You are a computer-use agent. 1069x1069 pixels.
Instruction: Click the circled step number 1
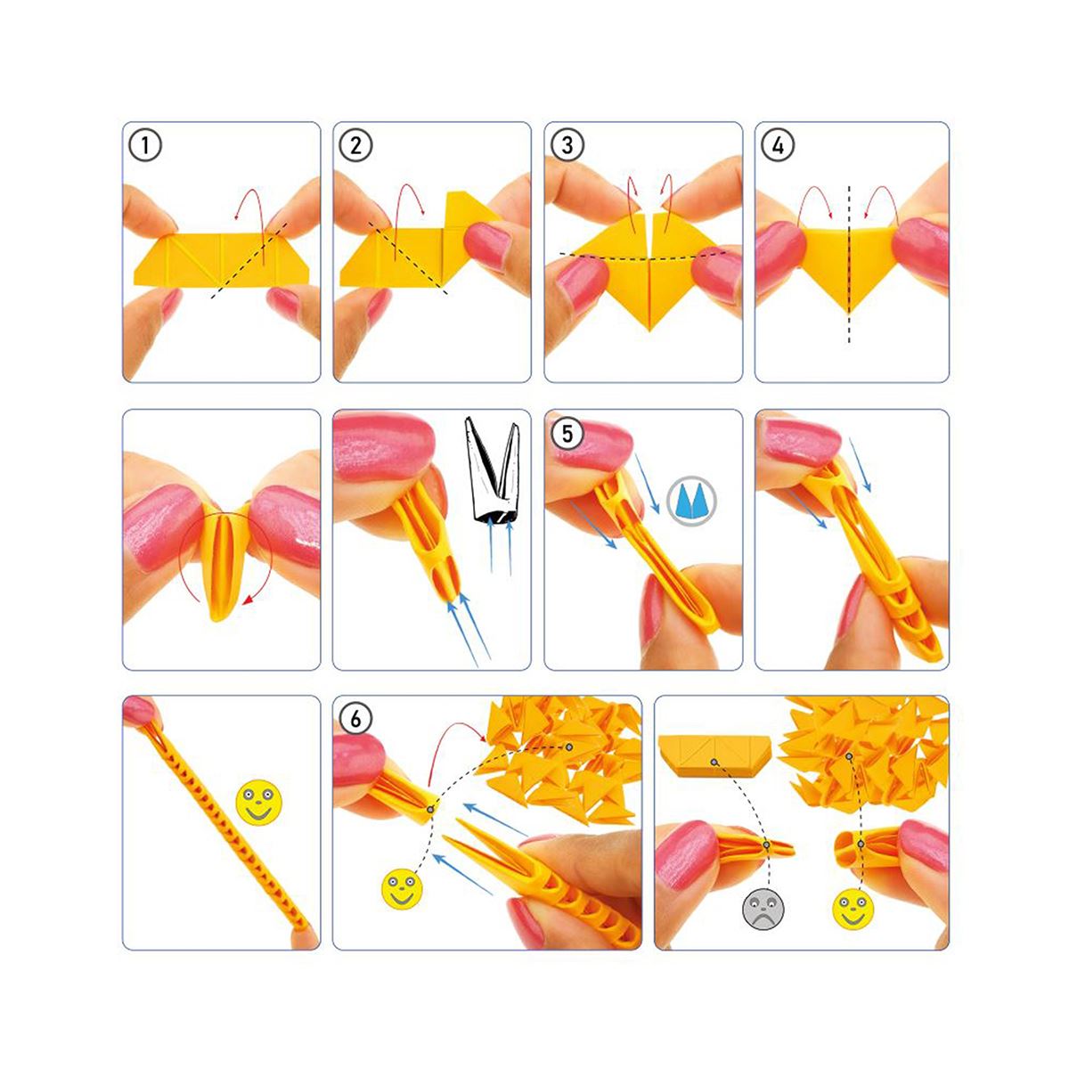click(x=145, y=144)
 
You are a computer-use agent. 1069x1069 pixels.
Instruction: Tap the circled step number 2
click(x=355, y=144)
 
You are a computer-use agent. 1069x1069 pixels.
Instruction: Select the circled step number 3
click(x=567, y=144)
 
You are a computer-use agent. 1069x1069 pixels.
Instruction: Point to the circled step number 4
click(x=778, y=144)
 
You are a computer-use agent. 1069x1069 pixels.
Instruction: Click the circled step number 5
click(x=567, y=432)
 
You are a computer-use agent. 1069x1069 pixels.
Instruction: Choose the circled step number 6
click(x=355, y=719)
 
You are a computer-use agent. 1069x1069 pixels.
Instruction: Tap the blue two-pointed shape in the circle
click(x=691, y=502)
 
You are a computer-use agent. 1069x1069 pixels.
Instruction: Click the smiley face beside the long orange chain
click(x=257, y=801)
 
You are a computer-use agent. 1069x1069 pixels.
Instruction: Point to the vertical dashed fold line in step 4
click(x=849, y=267)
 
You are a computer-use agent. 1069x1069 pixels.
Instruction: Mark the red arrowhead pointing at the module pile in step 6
click(x=484, y=739)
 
